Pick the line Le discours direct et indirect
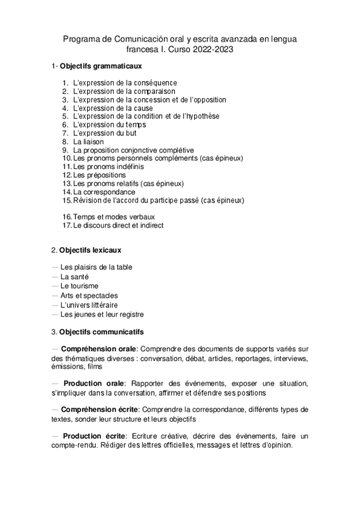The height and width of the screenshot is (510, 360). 118,225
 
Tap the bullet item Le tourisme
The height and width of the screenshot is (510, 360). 79,286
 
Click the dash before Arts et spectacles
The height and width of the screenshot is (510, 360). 55,295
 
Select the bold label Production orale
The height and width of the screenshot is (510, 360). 94,383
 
